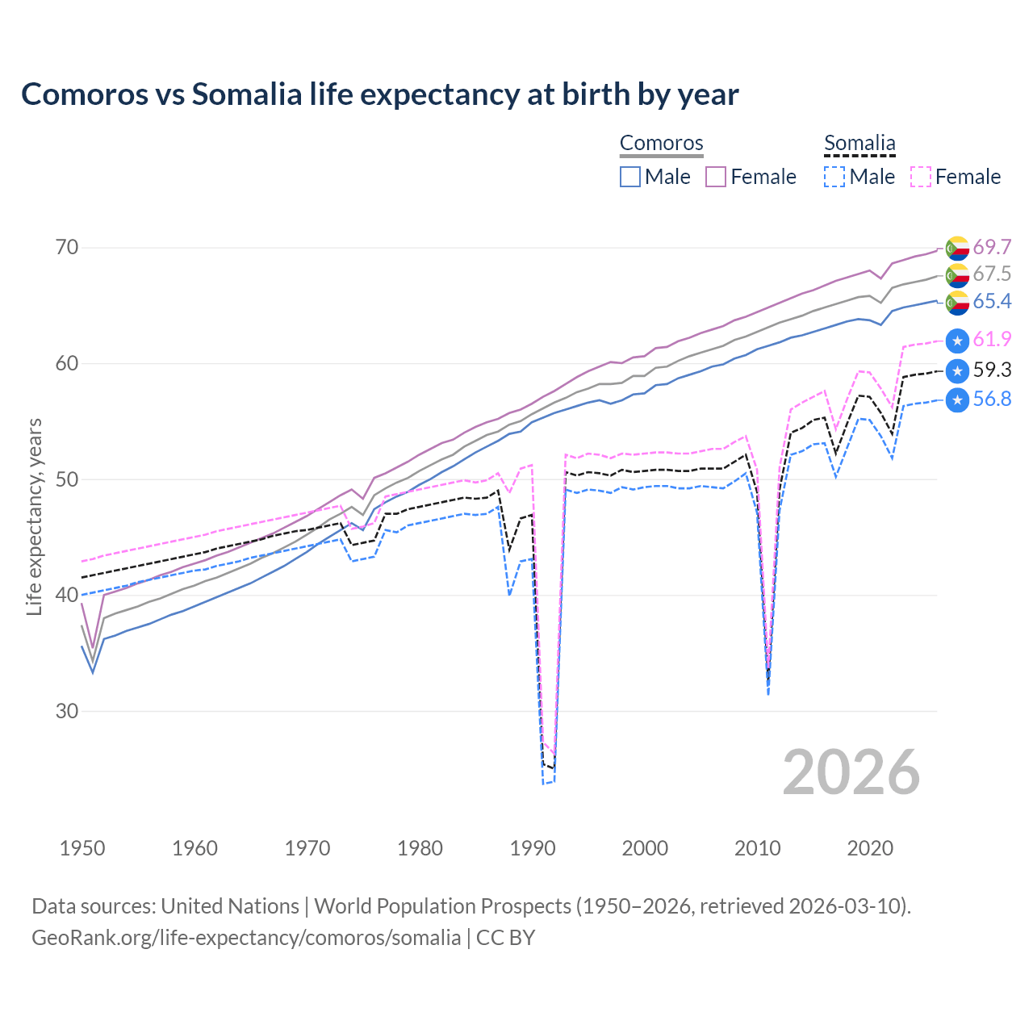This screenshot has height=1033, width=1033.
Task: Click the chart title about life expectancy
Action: [x=379, y=94]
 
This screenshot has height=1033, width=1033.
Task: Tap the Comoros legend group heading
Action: [x=661, y=143]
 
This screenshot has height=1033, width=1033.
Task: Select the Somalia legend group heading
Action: [x=859, y=143]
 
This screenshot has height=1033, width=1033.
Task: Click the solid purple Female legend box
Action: [x=716, y=177]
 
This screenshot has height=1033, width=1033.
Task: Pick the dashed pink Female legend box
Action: [x=921, y=177]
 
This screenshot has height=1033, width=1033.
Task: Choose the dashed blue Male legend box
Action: [x=834, y=177]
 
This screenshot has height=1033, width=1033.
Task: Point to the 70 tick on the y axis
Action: [x=67, y=247]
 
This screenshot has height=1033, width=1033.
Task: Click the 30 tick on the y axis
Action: [x=67, y=711]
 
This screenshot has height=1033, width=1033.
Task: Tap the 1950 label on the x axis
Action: [x=82, y=848]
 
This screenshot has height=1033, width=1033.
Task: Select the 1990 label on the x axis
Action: [x=533, y=848]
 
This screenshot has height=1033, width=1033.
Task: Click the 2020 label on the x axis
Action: [x=870, y=848]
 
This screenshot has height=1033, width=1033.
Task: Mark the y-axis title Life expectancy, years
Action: [x=34, y=516]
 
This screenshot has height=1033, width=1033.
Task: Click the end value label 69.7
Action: [x=992, y=247]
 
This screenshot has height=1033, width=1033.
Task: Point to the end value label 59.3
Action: [x=992, y=370]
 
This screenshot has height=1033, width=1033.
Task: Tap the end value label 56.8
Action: [x=992, y=399]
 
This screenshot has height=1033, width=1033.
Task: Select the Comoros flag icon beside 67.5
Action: [x=957, y=274]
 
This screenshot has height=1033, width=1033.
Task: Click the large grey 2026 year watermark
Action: [x=851, y=772]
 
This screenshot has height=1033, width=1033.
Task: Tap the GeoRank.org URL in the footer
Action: [x=246, y=938]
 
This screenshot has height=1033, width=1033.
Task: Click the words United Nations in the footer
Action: [x=230, y=906]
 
